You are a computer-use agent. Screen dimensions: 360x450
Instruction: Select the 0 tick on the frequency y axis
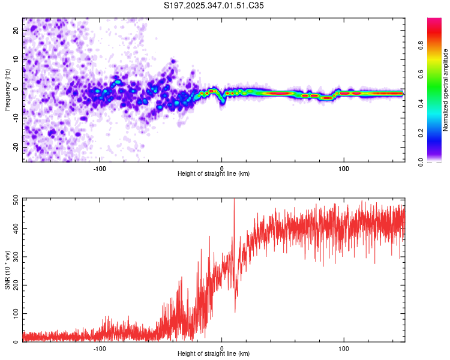16,89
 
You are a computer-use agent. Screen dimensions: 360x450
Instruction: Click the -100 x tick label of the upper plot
100,168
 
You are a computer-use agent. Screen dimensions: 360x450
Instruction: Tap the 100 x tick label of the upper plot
344,168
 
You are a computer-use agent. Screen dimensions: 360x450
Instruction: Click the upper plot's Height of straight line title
214,174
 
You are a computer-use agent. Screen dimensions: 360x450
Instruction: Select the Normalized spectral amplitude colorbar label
446,90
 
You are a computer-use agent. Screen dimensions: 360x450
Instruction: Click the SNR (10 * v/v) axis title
7,270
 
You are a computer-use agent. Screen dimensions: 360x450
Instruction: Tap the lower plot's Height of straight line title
214,354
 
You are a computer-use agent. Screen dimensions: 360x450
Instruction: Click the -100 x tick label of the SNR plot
100,348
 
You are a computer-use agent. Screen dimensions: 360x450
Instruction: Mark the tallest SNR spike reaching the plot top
234,200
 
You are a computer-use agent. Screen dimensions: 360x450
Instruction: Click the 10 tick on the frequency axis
16,59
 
